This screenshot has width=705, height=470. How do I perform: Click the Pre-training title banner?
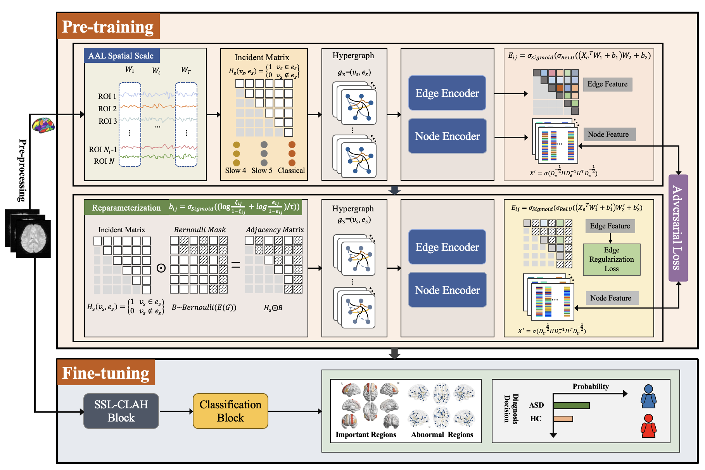pos(108,26)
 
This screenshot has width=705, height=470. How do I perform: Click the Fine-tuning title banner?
pos(105,373)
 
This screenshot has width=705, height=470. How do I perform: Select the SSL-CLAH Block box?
pos(121,411)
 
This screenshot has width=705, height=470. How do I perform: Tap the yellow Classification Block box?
pos(230,411)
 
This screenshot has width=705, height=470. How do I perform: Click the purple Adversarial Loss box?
pos(678,228)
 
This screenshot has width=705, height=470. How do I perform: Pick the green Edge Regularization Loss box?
pos(612,259)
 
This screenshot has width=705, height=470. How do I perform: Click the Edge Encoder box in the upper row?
pos(447,93)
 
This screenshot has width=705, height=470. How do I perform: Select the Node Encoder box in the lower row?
pos(447,290)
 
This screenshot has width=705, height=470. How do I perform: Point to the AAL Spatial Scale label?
pos(121,55)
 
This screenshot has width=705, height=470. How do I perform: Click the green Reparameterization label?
pos(126,207)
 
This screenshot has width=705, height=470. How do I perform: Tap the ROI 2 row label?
pos(107,109)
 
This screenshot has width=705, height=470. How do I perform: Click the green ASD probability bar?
pos(571,406)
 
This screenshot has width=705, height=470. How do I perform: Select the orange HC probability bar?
pos(563,419)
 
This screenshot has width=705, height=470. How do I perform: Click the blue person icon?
pos(648,396)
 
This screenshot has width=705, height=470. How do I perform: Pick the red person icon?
pos(648,426)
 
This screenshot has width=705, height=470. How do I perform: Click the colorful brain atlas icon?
pos(43,125)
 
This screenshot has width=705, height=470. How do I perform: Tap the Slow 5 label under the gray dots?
pos(262,170)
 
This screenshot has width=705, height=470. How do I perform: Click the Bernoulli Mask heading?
pos(200,230)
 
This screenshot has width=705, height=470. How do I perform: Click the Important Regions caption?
pos(366,435)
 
